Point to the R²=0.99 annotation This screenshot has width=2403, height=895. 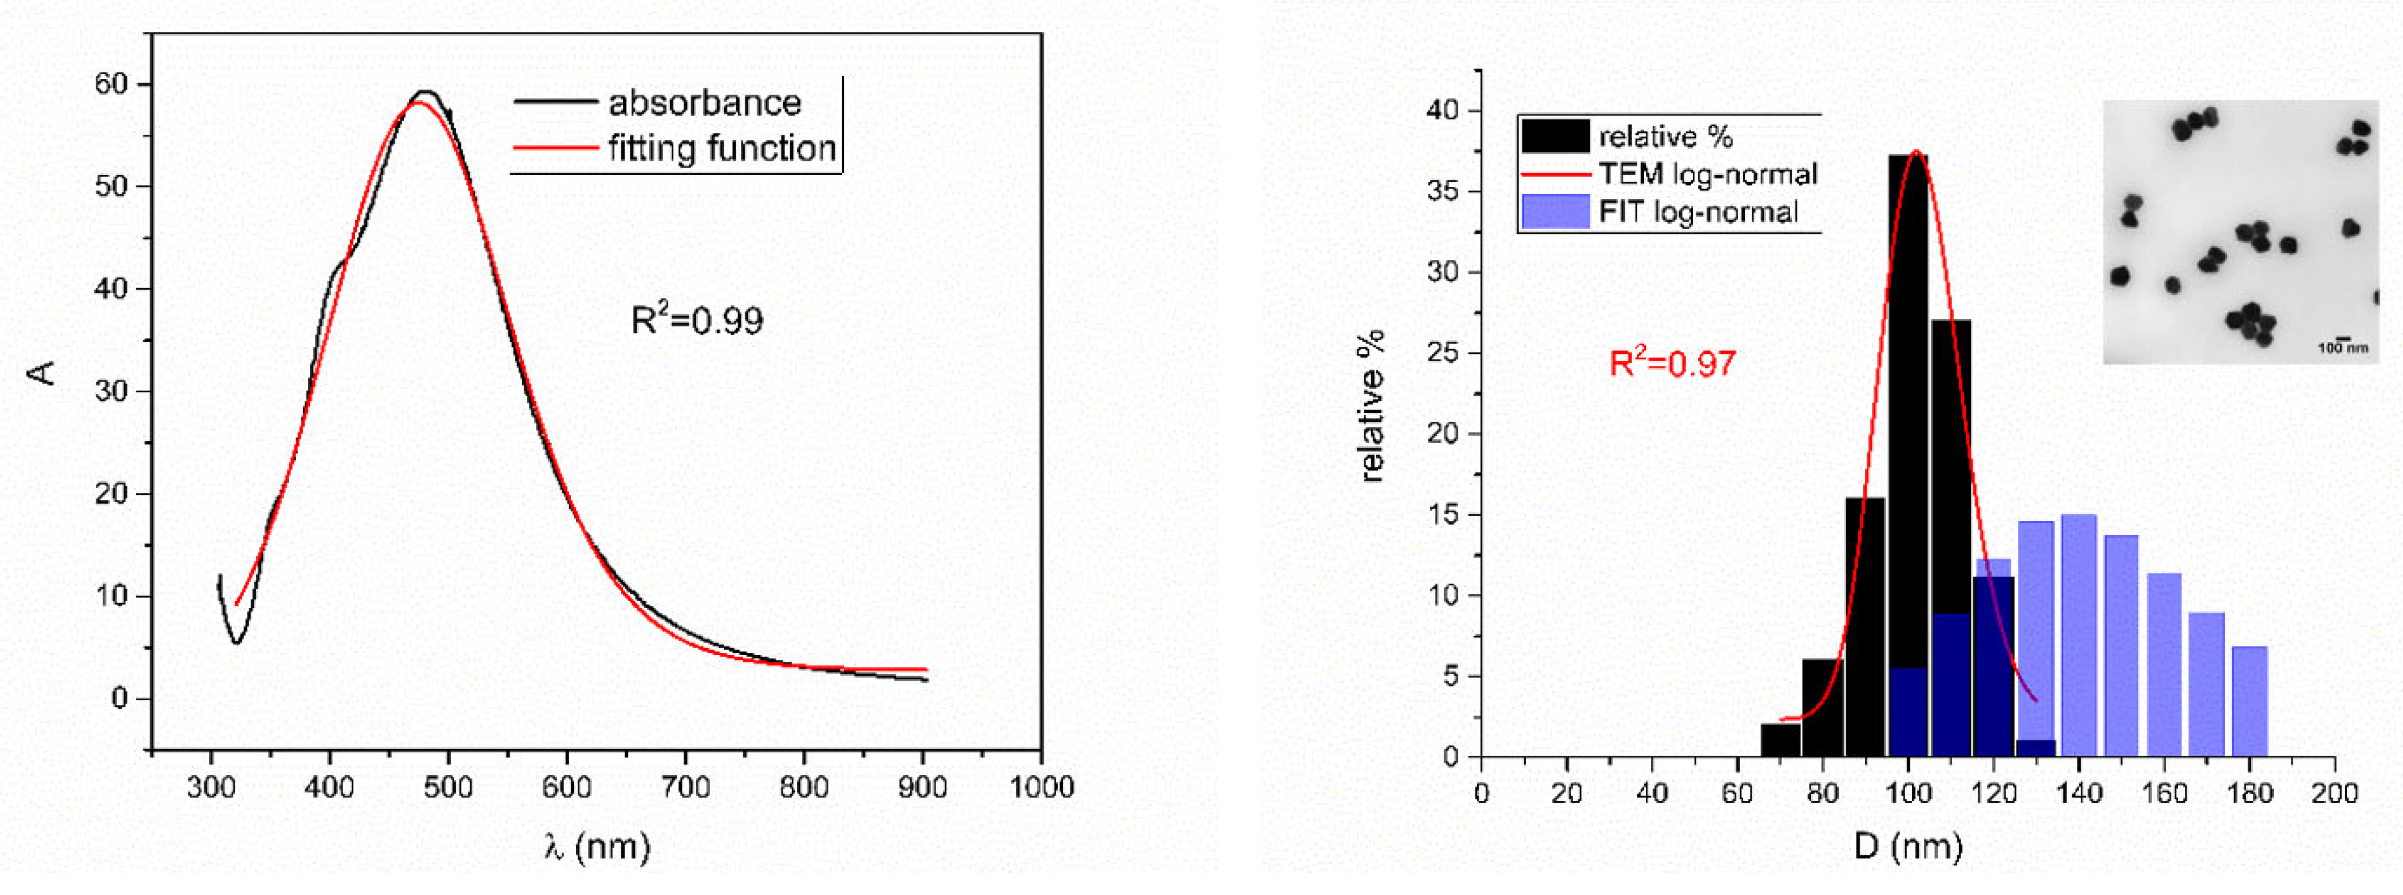[697, 320]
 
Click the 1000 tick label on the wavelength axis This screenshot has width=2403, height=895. [1041, 788]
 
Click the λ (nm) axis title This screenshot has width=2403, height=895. [597, 846]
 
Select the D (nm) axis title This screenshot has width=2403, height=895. [1907, 846]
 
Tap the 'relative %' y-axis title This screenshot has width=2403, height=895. [1371, 405]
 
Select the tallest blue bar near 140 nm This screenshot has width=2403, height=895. [2078, 634]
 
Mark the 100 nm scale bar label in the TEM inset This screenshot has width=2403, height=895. [2342, 348]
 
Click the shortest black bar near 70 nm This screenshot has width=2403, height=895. [1780, 739]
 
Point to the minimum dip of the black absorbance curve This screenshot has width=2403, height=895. [237, 641]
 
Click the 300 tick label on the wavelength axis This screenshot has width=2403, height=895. [212, 788]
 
